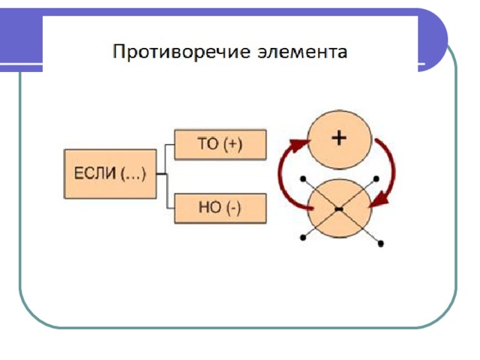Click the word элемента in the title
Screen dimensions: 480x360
302,52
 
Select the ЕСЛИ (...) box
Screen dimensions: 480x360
110,174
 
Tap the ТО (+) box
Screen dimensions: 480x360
220,145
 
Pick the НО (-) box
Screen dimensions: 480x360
220,208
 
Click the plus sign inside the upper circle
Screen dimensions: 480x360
339,138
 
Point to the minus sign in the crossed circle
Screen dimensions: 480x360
339,209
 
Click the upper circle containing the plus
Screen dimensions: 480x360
339,139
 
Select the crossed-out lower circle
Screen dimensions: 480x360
339,208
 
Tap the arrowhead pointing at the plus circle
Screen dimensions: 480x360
299,145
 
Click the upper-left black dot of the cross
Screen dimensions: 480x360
303,178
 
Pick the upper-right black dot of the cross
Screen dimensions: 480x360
376,178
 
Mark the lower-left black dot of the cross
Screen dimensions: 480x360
303,237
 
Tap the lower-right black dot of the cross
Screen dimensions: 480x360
380,244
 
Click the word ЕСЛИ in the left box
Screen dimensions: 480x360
95,173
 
